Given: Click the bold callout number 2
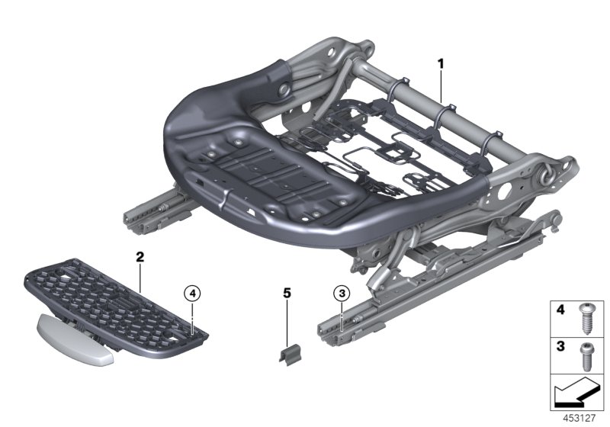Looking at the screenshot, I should click(x=140, y=257).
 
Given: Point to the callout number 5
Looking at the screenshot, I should click(x=287, y=292).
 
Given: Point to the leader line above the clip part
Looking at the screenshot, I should click(x=287, y=320).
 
